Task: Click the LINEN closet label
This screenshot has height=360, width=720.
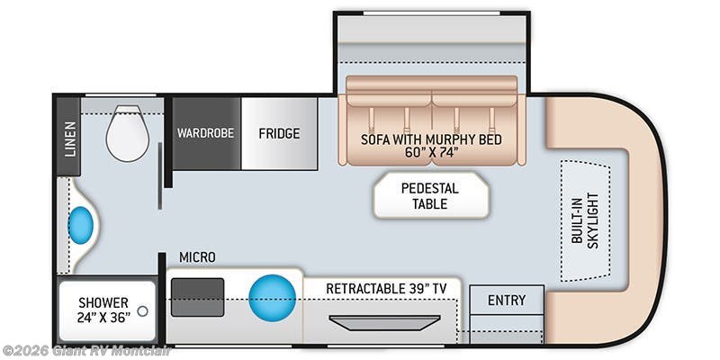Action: pyautogui.click(x=69, y=139)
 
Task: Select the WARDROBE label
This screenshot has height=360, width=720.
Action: pyautogui.click(x=205, y=133)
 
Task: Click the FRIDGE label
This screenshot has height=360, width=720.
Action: pyautogui.click(x=279, y=133)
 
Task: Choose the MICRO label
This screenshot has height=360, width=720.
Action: pyautogui.click(x=197, y=257)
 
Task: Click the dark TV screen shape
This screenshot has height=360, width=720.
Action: pyautogui.click(x=384, y=322)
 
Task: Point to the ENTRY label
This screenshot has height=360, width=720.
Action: pyautogui.click(x=507, y=300)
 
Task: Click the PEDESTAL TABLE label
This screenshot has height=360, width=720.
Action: pyautogui.click(x=430, y=195)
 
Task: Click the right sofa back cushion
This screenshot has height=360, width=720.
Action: pyautogui.click(x=476, y=91)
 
